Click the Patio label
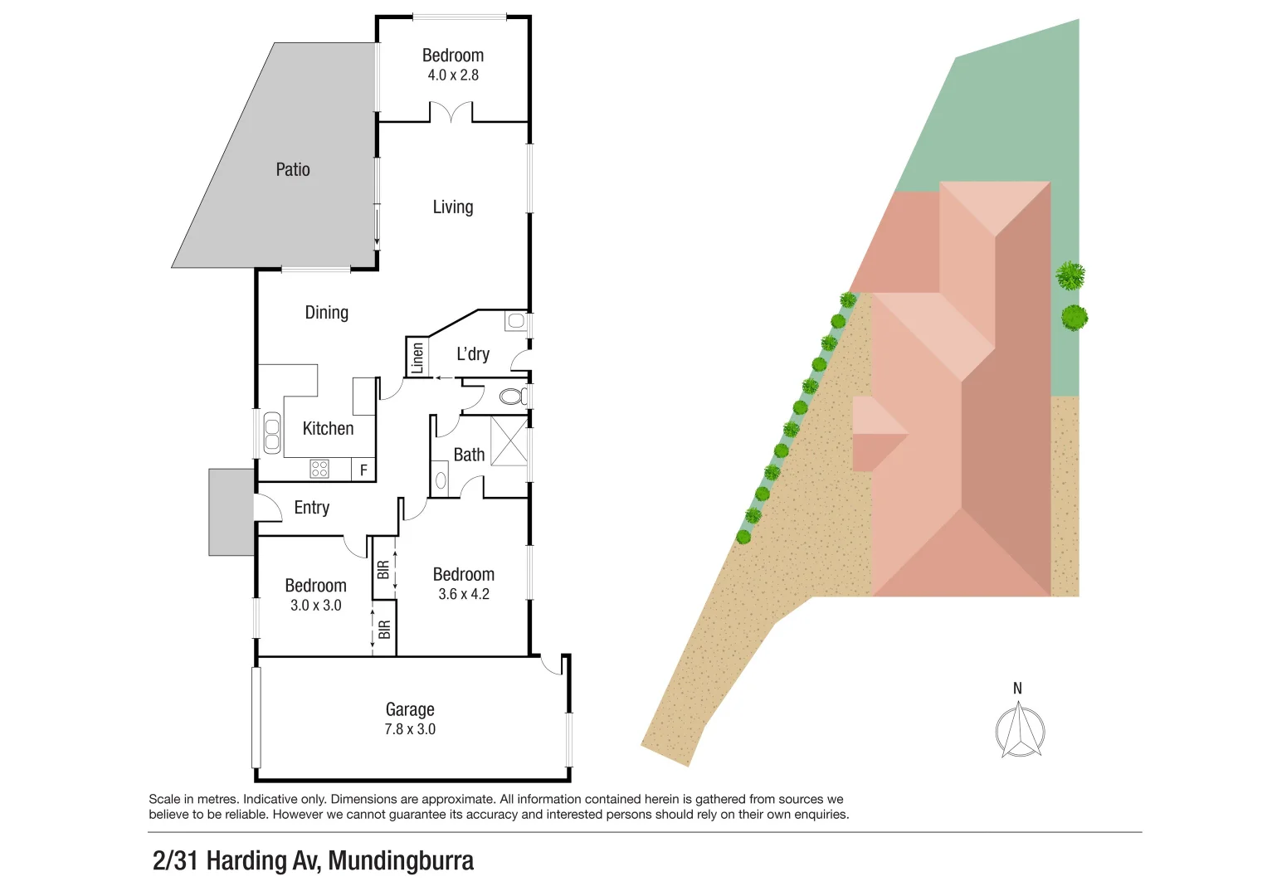tap(293, 169)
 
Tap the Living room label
tap(453, 207)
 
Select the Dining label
tap(326, 312)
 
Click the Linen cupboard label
tap(417, 358)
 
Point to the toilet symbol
tap(514, 397)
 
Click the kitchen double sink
tap(272, 433)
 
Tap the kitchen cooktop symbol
tap(319, 469)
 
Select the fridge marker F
tap(363, 470)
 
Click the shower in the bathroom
tap(509, 441)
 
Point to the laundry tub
tap(516, 321)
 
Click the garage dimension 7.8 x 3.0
tap(410, 729)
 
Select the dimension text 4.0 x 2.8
tap(453, 75)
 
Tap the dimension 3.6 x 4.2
tap(464, 594)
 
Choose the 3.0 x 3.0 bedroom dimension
tap(316, 606)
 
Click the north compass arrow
tap(1020, 730)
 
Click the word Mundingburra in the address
tap(401, 860)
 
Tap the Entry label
tap(312, 508)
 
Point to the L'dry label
tap(473, 354)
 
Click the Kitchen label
tap(328, 428)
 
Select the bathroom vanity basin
tap(441, 480)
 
